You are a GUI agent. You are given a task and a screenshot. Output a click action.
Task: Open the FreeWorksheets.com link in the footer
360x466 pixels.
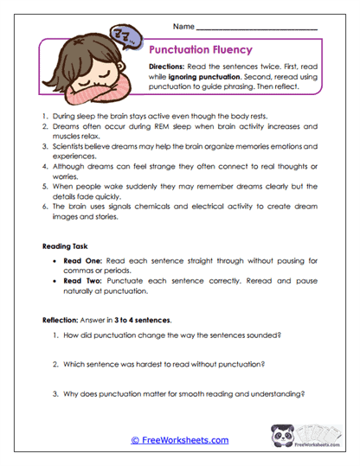coord(179,440)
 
